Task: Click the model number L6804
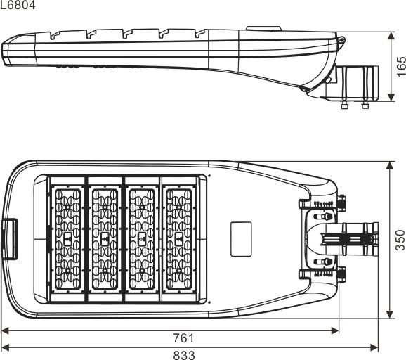point(18,5)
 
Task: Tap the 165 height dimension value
point(401,67)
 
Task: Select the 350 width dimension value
point(400,240)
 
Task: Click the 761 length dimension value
point(183,338)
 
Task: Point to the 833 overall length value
point(184,355)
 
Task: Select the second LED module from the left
point(105,239)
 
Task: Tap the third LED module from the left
point(142,239)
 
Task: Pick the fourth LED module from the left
point(179,239)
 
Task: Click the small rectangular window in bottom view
point(241,239)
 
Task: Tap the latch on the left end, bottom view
point(10,239)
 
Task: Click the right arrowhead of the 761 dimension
point(335,330)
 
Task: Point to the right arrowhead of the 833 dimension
point(374,347)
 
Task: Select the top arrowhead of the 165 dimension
point(391,36)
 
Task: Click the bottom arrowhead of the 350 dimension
point(390,314)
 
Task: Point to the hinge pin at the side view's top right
point(342,40)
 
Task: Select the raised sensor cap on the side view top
point(263,29)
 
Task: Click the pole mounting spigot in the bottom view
point(350,239)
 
